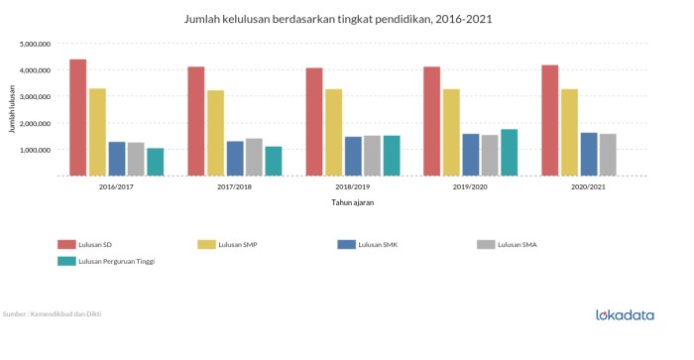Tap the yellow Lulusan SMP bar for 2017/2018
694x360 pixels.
click(215, 133)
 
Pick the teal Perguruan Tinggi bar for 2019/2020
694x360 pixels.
click(509, 152)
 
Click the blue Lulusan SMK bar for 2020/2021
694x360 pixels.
click(588, 154)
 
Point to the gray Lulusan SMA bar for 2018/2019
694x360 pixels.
click(372, 155)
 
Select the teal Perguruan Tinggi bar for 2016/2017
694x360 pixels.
click(155, 162)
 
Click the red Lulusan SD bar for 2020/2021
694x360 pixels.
click(549, 120)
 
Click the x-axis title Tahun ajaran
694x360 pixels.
click(352, 202)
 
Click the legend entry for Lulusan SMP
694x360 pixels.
click(240, 243)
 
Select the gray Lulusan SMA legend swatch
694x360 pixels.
click(486, 243)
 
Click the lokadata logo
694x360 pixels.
click(625, 315)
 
